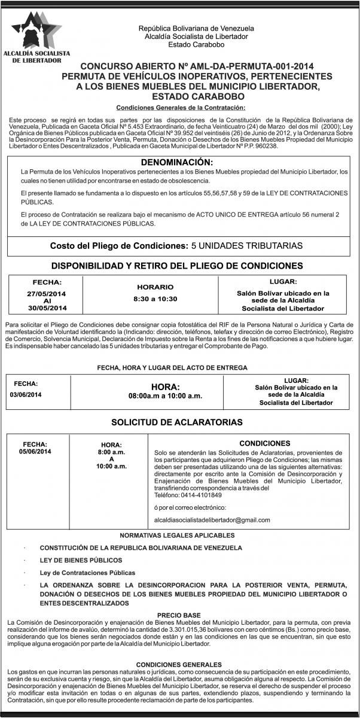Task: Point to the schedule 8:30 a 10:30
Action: (155, 298)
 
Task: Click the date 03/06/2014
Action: (26, 394)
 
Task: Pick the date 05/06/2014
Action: (35, 452)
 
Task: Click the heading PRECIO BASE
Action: (179, 614)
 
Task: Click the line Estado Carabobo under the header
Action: (196, 44)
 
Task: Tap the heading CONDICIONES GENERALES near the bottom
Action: (179, 664)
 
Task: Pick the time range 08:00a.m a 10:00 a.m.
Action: (166, 395)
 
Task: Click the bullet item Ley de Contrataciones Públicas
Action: (87, 573)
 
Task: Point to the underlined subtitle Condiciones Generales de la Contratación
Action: (180, 107)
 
